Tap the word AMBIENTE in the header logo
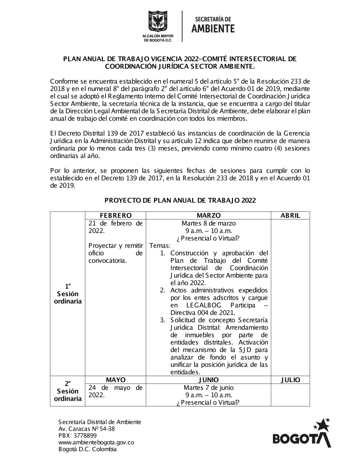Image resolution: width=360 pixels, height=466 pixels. click(213, 28)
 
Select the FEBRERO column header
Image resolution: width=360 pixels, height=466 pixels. click(116, 215)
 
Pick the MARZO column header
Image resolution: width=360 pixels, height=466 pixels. click(208, 215)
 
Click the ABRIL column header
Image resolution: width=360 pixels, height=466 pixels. click(290, 215)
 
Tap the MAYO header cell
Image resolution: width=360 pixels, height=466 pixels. click(116, 380)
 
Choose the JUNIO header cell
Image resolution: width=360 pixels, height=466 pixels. click(208, 380)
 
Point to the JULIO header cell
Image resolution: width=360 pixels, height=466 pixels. click(290, 380)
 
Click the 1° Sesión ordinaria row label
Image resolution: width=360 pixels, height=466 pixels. click(68, 294)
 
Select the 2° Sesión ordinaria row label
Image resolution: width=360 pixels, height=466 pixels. click(68, 391)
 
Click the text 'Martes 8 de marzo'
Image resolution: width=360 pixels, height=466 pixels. click(209, 223)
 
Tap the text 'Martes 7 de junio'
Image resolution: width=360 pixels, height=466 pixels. click(208, 388)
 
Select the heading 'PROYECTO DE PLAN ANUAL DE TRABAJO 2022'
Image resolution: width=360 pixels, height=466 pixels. click(180, 201)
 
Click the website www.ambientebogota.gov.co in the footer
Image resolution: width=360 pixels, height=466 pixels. click(96, 442)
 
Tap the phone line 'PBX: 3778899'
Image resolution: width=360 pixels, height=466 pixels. click(77, 435)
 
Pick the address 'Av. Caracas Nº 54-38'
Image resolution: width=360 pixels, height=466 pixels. click(86, 429)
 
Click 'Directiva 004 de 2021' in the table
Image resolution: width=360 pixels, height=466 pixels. click(203, 313)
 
